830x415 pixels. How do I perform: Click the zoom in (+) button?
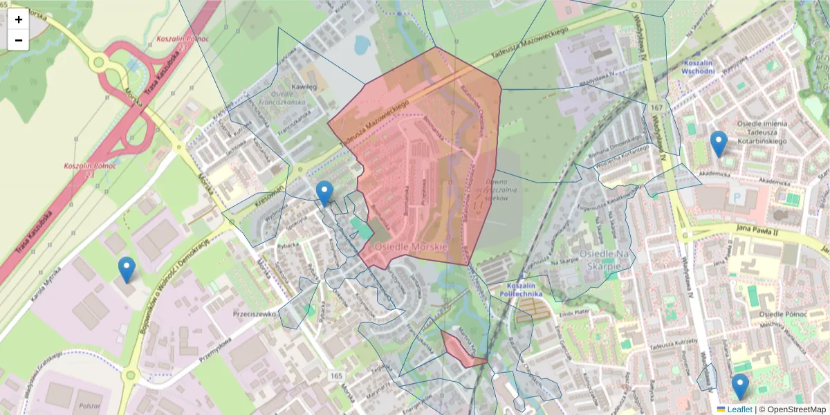[19, 19]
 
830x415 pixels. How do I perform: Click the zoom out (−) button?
[19, 40]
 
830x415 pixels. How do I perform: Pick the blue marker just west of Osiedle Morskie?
[324, 193]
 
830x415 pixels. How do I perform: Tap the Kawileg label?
[304, 87]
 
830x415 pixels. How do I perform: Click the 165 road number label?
[336, 376]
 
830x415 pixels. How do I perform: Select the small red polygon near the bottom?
[462, 349]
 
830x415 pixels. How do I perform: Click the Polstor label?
[89, 406]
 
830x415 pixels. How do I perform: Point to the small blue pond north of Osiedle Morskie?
[360, 45]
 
